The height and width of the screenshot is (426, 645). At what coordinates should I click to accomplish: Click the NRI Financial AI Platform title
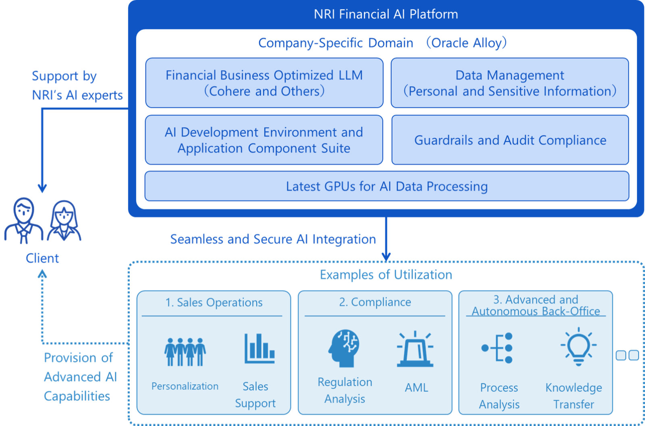386,14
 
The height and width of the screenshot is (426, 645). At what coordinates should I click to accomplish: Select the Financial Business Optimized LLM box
264,83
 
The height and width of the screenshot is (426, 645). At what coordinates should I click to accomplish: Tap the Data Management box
510,83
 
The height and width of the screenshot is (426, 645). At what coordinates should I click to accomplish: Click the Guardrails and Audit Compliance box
510,140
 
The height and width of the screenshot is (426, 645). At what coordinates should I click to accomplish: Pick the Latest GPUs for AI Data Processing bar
387,186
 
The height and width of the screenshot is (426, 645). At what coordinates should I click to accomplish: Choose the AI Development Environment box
264,140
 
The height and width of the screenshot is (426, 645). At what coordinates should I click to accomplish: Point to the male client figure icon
24,220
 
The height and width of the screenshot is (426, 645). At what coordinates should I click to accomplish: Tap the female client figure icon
64,220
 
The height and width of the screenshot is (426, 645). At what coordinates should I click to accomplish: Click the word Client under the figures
42,258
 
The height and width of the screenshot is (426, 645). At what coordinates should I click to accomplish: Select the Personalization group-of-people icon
185,352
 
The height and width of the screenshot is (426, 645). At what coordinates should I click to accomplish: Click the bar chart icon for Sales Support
260,348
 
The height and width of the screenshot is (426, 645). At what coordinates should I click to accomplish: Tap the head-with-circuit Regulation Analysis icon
344,348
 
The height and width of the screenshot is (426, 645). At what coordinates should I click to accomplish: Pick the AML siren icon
415,349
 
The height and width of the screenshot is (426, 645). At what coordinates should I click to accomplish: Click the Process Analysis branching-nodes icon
497,348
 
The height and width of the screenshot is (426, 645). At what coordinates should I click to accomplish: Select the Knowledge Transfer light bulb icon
578,346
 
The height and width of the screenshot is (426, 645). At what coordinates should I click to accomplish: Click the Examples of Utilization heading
386,275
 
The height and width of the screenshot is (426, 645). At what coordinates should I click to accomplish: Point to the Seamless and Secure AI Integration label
273,239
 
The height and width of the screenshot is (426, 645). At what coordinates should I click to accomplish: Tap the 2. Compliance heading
375,302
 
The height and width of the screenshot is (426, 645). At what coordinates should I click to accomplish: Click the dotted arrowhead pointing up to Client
42,273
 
